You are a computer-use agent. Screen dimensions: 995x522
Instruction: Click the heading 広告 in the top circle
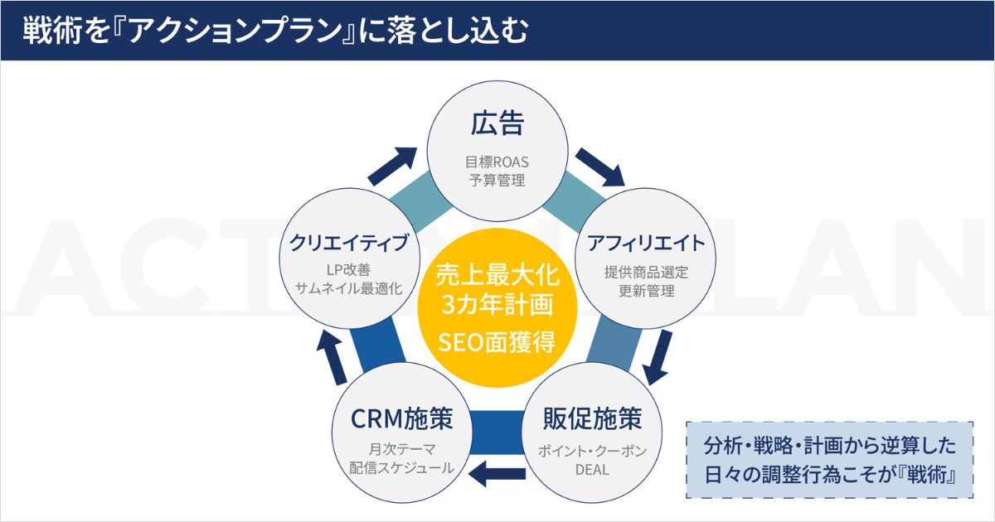coord(498,123)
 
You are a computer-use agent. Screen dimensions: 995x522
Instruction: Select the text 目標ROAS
coord(497,162)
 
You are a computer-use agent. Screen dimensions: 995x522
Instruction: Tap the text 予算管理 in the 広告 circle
coord(497,181)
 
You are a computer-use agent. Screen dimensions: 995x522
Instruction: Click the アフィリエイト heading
coord(646,243)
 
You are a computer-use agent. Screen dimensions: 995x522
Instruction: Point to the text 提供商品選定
coord(646,272)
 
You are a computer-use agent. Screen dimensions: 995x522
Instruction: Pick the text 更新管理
coord(646,291)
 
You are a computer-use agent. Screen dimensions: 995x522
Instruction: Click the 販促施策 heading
coord(593,418)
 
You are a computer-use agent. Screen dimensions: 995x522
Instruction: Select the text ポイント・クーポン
coord(593,451)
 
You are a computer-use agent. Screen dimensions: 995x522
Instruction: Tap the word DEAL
coord(592,470)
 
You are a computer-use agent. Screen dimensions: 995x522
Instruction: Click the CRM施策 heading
coord(402,418)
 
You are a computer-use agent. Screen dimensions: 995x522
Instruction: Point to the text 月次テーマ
coord(402,449)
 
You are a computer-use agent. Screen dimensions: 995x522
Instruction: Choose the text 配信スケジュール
coord(402,468)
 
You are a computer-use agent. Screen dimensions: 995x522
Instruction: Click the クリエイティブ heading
coord(349,243)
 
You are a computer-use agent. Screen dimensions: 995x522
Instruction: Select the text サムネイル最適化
coord(349,289)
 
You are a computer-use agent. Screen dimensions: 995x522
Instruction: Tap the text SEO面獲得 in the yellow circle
coord(497,342)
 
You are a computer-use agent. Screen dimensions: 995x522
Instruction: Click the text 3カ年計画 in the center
coord(498,305)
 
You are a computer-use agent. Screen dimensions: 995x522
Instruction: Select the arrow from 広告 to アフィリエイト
coord(600,167)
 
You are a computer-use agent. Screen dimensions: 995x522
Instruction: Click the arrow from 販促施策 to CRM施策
coord(497,474)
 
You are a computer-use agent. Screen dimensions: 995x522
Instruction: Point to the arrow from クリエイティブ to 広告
coord(392,167)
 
